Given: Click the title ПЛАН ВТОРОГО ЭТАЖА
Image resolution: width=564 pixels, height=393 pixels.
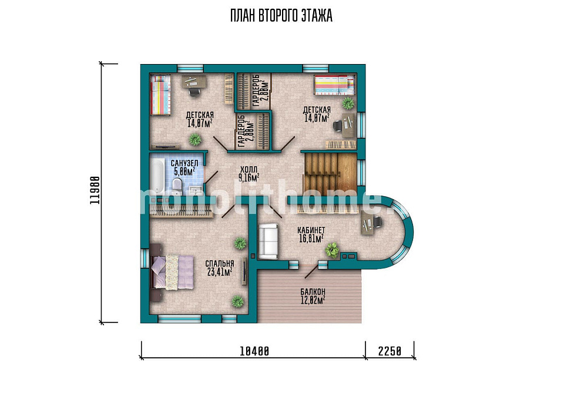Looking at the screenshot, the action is point(281,16).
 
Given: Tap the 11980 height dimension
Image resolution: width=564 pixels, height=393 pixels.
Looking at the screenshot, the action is point(95,190).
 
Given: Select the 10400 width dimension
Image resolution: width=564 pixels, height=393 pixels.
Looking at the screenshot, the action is point(254,351).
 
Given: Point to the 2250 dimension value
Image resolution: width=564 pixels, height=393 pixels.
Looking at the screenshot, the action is point(390,351).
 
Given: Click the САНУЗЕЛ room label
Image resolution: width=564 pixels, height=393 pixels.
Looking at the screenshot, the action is point(184,163).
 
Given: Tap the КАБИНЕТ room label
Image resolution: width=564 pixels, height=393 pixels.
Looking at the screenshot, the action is point(311,230).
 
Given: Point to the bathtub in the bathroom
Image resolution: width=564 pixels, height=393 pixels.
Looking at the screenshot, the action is point(157,176).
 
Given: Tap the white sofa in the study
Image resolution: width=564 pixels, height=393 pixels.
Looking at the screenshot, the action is point(268,241).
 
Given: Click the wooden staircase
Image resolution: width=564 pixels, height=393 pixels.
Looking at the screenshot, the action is point(330,173).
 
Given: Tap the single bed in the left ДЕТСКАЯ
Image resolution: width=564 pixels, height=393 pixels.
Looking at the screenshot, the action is point(160,95).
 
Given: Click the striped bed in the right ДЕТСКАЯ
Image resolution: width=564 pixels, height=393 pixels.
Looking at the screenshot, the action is point(334,85).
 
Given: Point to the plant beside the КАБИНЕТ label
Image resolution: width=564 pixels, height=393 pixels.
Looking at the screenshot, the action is point(333,250).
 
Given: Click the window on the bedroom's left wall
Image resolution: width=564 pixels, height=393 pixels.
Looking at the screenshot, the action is point(145,257).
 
